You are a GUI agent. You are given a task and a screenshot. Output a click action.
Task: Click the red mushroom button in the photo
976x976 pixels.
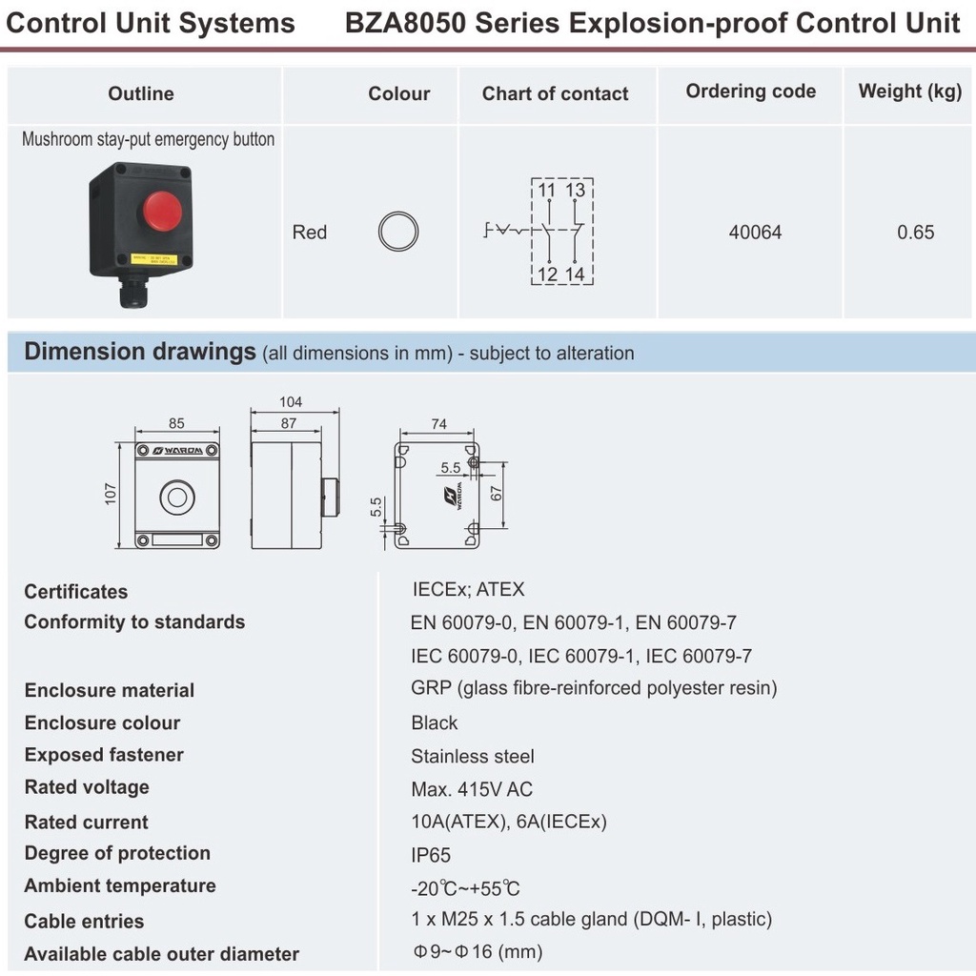(162, 207)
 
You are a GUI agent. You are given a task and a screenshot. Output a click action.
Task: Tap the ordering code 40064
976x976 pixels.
(755, 232)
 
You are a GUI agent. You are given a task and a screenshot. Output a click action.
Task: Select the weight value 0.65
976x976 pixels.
(915, 232)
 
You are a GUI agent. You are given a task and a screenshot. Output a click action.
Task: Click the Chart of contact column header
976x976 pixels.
(555, 93)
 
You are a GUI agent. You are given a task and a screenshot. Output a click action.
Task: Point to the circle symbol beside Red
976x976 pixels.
(397, 232)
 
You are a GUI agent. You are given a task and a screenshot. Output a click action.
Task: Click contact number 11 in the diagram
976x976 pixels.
(547, 191)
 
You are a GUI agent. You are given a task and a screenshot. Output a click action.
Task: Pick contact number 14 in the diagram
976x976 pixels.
(575, 274)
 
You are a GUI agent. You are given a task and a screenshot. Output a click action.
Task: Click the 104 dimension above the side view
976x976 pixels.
(291, 402)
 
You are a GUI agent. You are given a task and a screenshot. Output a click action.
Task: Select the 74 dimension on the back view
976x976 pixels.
(438, 424)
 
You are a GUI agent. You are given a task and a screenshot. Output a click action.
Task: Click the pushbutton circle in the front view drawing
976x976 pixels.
(176, 497)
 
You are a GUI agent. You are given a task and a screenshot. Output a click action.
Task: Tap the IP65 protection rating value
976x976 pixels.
(431, 855)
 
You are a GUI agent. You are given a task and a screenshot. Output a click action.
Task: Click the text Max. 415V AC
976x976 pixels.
(472, 789)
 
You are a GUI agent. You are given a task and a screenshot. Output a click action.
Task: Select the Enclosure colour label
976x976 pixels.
(102, 722)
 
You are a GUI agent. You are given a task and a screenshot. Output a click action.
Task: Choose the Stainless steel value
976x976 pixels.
(472, 757)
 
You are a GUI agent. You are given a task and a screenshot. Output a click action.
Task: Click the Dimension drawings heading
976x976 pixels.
(140, 352)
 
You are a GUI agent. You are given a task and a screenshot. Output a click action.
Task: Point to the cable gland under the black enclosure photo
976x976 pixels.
(133, 292)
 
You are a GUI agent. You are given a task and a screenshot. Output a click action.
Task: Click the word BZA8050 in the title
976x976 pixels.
(405, 23)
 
